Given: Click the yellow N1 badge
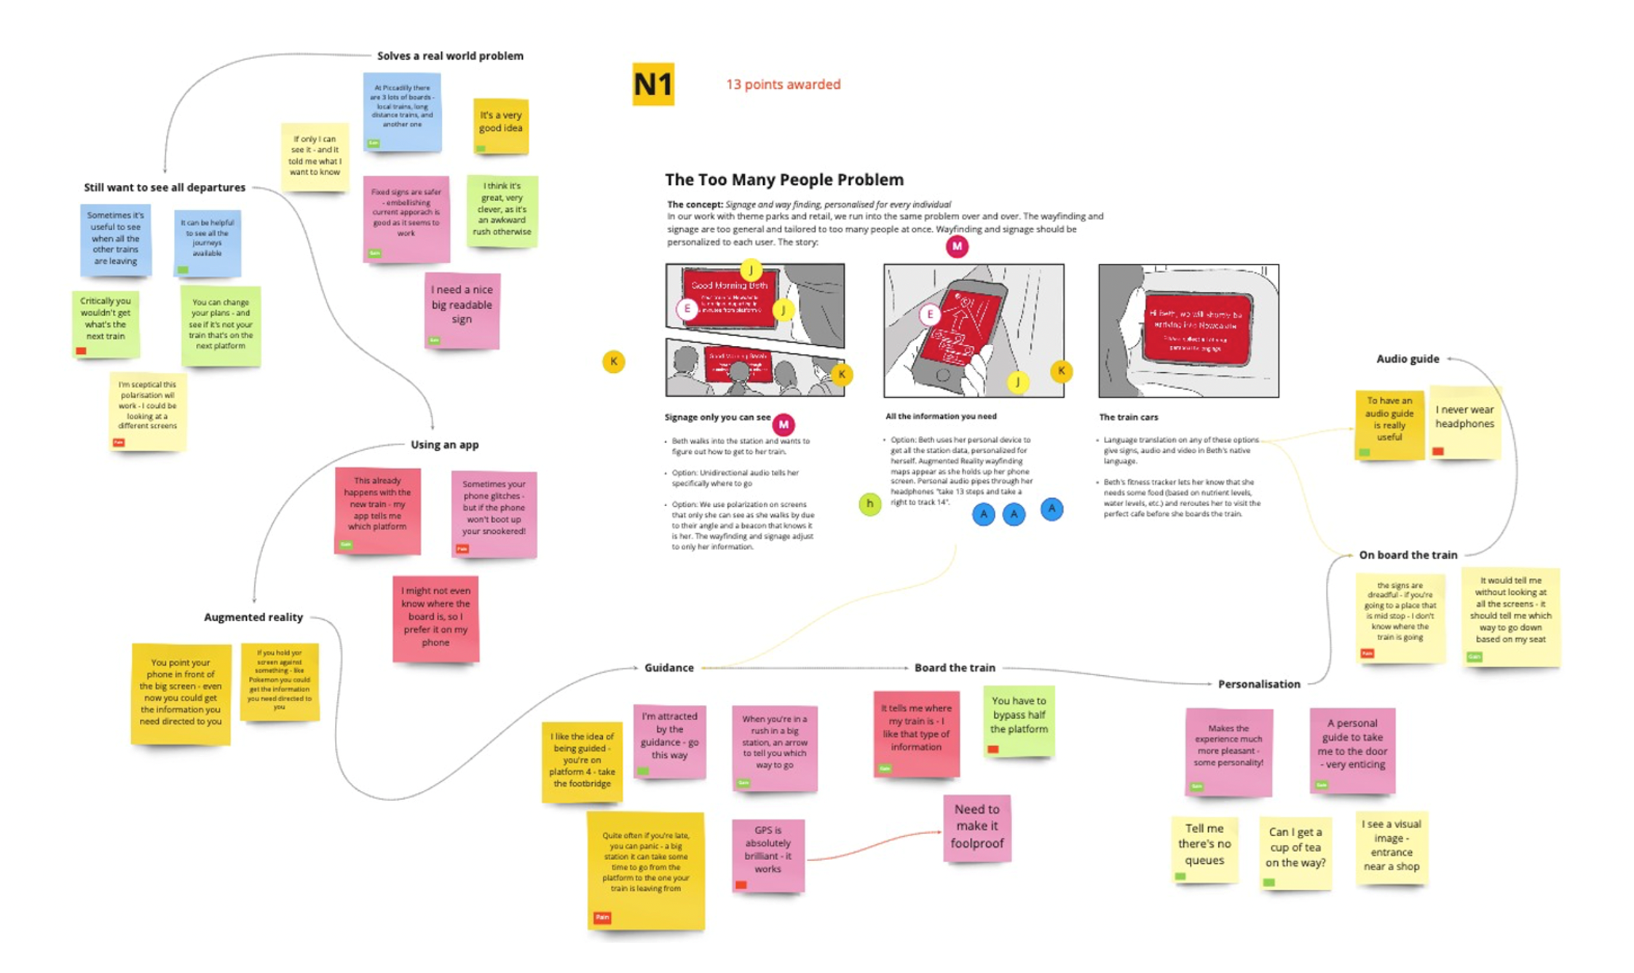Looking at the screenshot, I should [x=652, y=84].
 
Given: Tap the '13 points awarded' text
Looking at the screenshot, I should [x=783, y=84].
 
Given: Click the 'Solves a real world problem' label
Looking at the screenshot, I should [x=450, y=56].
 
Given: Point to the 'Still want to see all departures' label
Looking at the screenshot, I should [x=165, y=187].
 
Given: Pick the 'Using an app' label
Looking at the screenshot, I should [x=444, y=444].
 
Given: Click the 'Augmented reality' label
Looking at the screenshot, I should [x=253, y=617].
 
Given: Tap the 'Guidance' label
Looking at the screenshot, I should [x=668, y=667].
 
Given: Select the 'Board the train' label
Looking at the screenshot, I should [x=954, y=667].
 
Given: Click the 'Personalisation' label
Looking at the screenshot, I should [x=1258, y=684].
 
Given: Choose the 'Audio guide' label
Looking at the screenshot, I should [x=1407, y=358].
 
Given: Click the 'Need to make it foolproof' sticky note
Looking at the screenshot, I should [x=976, y=827].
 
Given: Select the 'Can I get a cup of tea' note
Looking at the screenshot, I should [x=1295, y=850].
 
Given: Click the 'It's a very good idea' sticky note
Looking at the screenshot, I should [x=500, y=125].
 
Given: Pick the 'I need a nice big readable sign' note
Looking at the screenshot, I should [x=462, y=310].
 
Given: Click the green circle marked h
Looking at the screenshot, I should [x=869, y=503].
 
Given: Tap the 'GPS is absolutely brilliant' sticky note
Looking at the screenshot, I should [x=767, y=854].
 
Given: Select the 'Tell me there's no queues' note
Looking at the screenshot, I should [x=1204, y=847].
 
